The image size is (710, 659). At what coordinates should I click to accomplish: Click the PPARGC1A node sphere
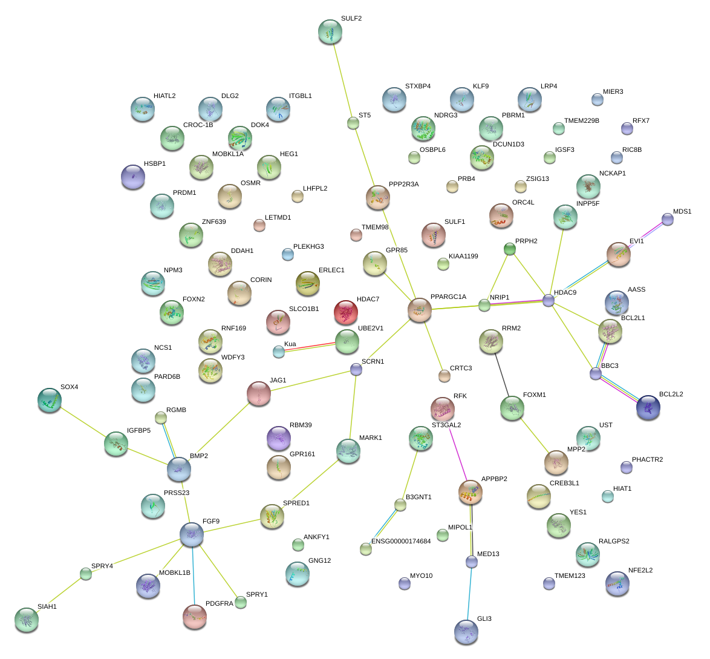point(420,309)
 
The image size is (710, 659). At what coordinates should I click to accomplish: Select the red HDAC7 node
point(345,312)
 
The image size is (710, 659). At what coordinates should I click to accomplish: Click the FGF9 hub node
point(191,533)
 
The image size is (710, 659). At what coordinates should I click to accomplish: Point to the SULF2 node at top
point(330,31)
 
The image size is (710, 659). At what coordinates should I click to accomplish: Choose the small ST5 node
point(353,123)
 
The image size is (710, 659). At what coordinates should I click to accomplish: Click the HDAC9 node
point(548,300)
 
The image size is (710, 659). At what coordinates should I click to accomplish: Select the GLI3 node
point(466,631)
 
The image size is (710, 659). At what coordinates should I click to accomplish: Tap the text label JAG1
point(278,381)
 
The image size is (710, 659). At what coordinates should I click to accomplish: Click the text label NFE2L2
point(640,571)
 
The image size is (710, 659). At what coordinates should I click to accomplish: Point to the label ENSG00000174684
point(401,541)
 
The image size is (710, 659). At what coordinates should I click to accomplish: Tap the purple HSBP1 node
point(133,176)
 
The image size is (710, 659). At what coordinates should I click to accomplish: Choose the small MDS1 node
point(667,219)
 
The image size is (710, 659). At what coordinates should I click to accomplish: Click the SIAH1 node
point(27,619)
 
